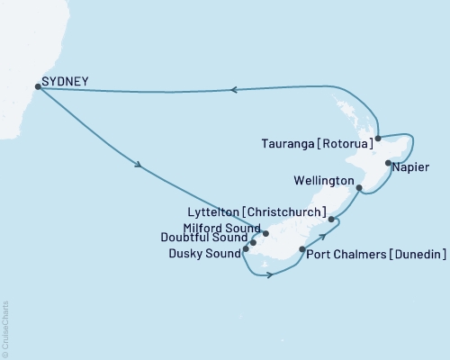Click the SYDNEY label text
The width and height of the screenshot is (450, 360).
coord(66,83)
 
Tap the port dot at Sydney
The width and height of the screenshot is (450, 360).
coord(38,86)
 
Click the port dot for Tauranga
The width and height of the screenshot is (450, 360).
coord(378,138)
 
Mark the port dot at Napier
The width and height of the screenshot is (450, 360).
coord(388,164)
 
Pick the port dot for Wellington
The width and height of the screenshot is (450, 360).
coord(359,188)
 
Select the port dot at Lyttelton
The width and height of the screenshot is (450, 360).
coord(332,219)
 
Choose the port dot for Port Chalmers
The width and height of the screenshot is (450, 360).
coord(300,253)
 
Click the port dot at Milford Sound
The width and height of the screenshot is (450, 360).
coord(265,233)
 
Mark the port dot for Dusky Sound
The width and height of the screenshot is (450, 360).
coord(246,249)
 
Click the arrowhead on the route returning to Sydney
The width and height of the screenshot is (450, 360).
coord(233,90)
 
